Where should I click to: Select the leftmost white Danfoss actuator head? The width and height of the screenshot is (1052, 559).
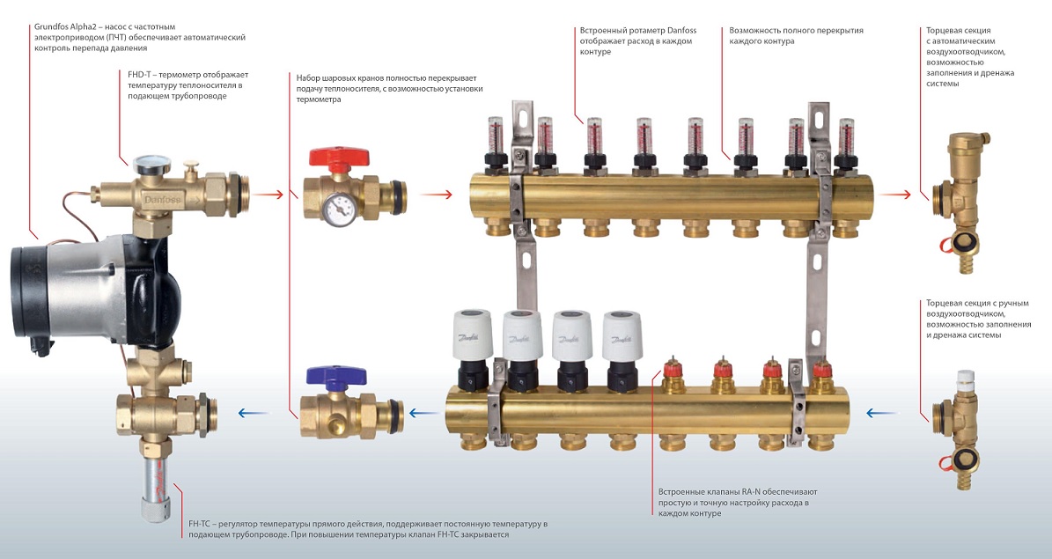pyautogui.click(x=471, y=333)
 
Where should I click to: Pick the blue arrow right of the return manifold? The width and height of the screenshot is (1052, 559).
pyautogui.click(x=883, y=412)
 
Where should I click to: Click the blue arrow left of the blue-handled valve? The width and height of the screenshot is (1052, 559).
pyautogui.click(x=253, y=412)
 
